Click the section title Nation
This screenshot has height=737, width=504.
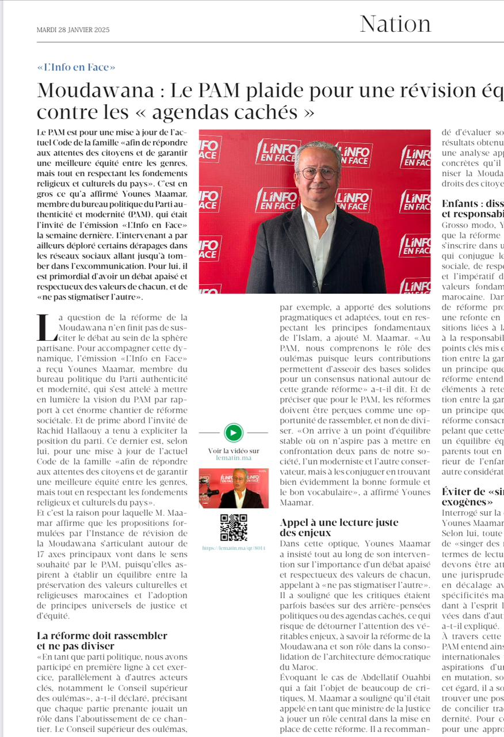pyautogui.click(x=395, y=24)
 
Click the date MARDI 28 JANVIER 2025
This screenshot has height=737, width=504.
pyautogui.click(x=73, y=30)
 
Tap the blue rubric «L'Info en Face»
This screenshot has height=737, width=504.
pyautogui.click(x=76, y=67)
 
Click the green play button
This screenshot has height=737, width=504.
pyautogui.click(x=234, y=432)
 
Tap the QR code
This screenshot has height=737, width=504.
pyautogui.click(x=234, y=527)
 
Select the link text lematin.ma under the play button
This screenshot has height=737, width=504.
pyautogui.click(x=234, y=458)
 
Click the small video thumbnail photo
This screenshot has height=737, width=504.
pyautogui.click(x=234, y=488)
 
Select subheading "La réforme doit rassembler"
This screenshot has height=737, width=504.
pyautogui.click(x=102, y=636)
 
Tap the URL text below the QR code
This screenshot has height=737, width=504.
pyautogui.click(x=234, y=548)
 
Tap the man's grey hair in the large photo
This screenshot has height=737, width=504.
pyautogui.click(x=318, y=148)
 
